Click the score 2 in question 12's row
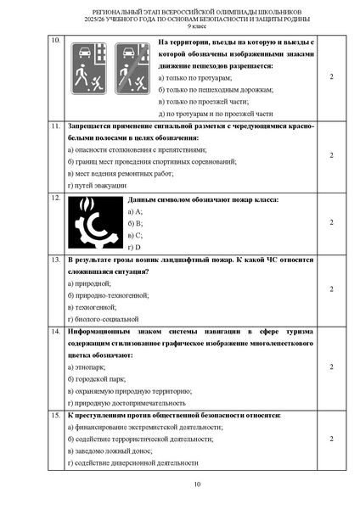(x=330, y=222)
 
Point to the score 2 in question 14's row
(x=330, y=366)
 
